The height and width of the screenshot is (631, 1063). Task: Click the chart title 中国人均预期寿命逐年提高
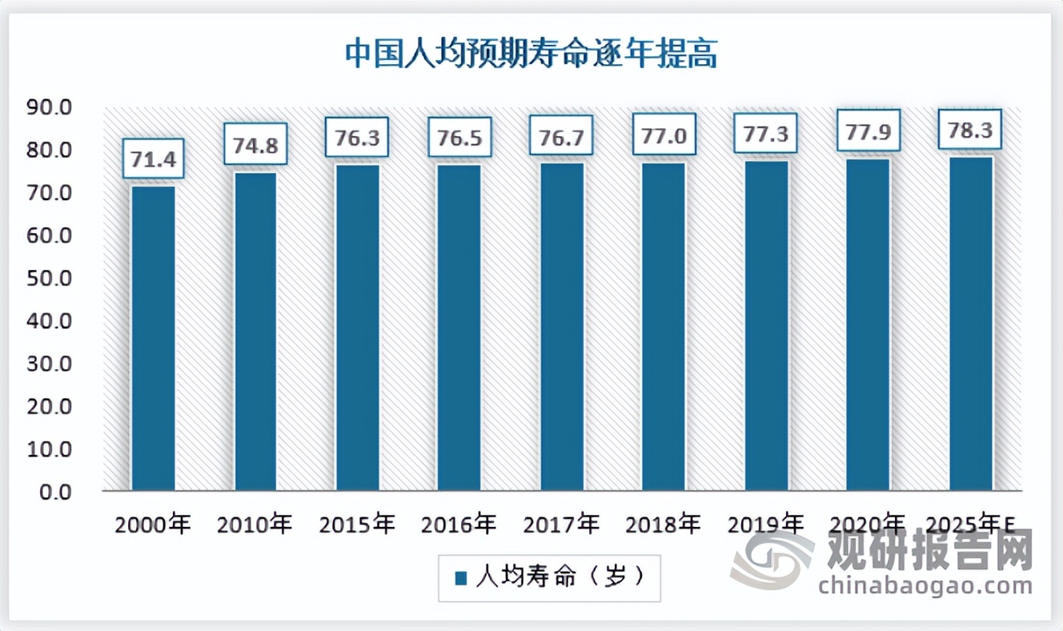pos(531,54)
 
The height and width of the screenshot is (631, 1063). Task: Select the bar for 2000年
pos(154,338)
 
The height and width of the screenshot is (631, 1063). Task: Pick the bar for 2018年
pos(664,326)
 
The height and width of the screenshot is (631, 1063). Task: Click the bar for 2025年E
pos(971,323)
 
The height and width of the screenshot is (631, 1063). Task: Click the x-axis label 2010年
pos(255,525)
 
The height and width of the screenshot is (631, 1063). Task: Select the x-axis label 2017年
pos(562,525)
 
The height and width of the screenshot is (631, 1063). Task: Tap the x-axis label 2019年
pos(766,525)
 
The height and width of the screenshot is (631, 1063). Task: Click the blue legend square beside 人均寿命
pos(461,578)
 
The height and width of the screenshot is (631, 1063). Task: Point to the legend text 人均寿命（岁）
pos(560,577)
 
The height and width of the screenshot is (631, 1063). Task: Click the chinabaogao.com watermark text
pos(925,585)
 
